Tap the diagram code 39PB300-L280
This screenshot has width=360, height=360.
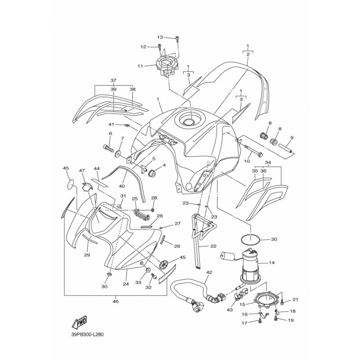(x=87, y=334)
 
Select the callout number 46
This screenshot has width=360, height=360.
(x=116, y=301)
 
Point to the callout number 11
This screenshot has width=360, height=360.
(x=140, y=66)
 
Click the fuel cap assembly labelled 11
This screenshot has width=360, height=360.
(x=166, y=66)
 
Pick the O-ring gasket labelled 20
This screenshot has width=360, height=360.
(x=251, y=240)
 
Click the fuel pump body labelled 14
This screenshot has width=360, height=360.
(x=250, y=263)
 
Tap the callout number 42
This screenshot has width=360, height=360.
(x=209, y=273)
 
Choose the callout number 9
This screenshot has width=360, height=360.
(x=292, y=138)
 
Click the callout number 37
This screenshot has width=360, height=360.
(x=113, y=81)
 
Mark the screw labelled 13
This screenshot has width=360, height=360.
(x=177, y=40)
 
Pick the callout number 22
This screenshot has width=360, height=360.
(x=213, y=246)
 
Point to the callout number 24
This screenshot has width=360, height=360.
(x=126, y=284)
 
